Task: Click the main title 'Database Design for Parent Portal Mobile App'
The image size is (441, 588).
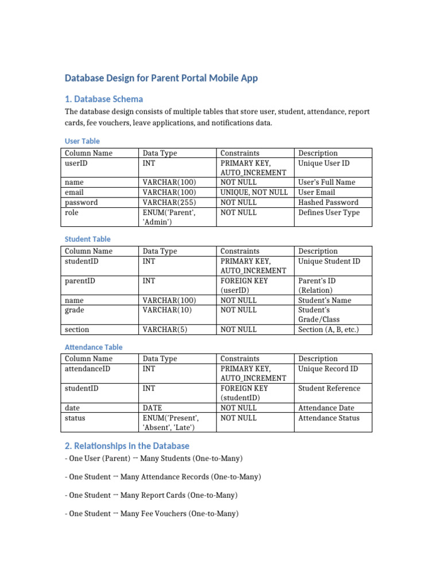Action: pos(161,78)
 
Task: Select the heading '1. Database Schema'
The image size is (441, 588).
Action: pos(104,99)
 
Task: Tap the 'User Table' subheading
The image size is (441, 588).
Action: pos(82,141)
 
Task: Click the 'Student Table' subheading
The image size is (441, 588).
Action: pos(88,239)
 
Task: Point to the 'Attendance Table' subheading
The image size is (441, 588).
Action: pos(94,347)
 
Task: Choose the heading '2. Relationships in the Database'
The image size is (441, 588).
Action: pos(127,446)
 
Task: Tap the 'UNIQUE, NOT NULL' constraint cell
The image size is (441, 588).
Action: pos(254,192)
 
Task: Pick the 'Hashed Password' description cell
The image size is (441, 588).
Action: pos(328,202)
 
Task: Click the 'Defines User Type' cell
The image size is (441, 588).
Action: pos(329,212)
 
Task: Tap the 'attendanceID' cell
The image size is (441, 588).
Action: pos(87,369)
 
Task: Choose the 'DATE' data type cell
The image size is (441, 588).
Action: pos(152,408)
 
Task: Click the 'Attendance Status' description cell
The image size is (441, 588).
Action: pos(329,418)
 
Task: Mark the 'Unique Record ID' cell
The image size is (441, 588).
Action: pos(328,369)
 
